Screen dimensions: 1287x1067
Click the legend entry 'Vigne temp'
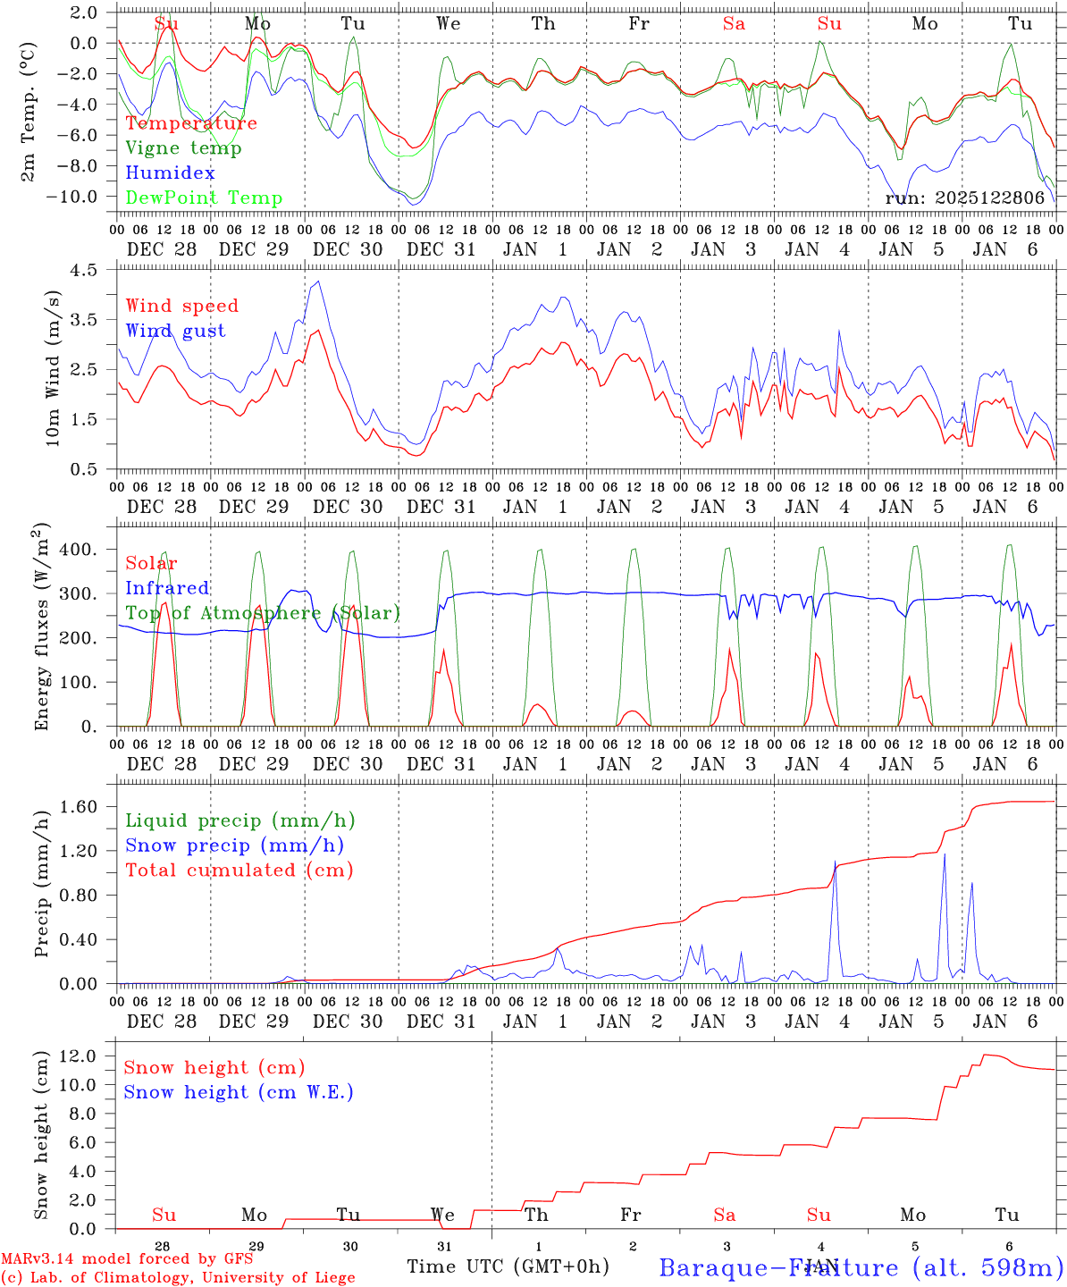183,148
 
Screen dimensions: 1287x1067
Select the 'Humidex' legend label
170,173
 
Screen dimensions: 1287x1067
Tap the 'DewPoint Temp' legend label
204,198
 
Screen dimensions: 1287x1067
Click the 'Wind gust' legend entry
175,331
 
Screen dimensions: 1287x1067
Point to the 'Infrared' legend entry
167,588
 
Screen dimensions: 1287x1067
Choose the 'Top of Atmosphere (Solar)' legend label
263,613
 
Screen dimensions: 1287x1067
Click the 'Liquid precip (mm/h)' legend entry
239,820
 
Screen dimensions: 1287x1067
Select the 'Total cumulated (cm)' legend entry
239,871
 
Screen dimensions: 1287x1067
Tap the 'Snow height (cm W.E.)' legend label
239,1092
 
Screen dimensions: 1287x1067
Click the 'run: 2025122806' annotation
964,198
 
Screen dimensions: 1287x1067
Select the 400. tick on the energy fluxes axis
78,550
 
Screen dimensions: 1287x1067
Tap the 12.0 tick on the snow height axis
80,1056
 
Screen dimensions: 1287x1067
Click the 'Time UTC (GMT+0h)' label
508,1266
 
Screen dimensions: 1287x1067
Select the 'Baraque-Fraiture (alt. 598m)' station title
861,1267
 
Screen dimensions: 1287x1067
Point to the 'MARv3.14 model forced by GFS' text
127,1258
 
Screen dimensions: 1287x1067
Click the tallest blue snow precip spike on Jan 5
945,855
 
